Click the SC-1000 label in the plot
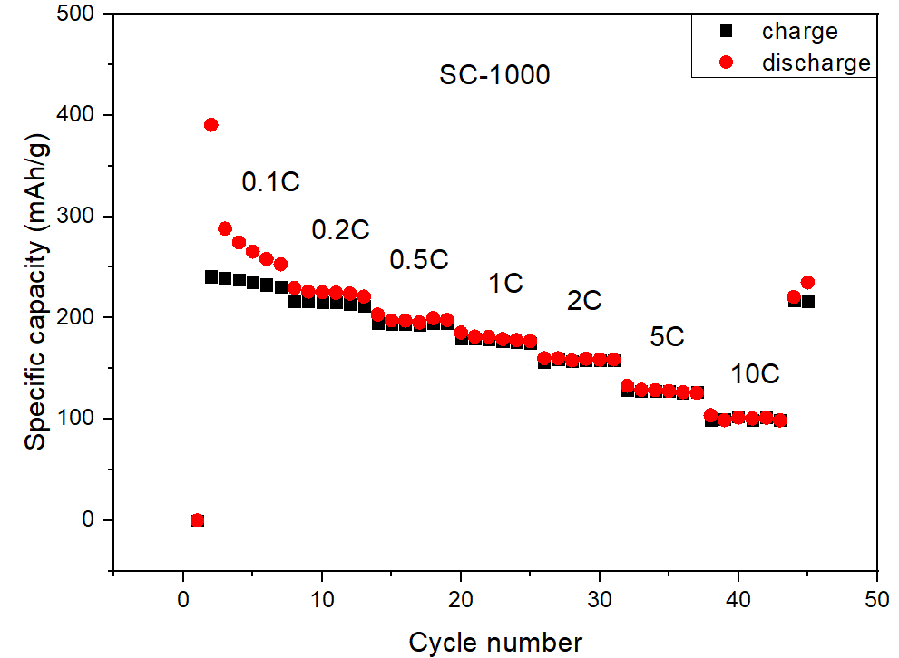click(x=494, y=75)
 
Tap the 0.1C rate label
click(x=270, y=182)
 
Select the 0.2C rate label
click(x=340, y=230)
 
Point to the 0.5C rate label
click(x=419, y=260)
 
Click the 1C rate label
click(x=505, y=284)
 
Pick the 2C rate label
click(x=584, y=301)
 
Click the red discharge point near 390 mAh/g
click(x=210, y=125)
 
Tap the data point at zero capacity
click(x=197, y=520)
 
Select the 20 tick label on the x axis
click(x=461, y=600)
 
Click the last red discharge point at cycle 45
click(x=807, y=283)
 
